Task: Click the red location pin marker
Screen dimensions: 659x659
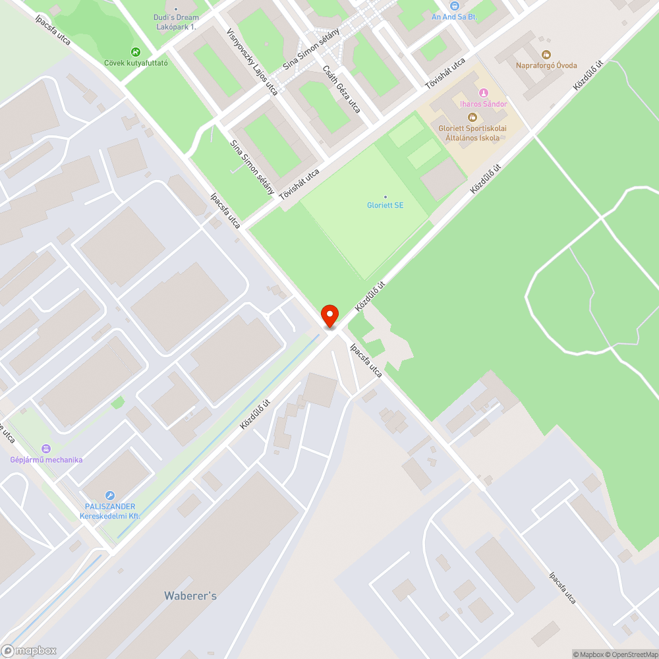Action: point(329,316)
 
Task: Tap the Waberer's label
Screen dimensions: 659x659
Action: point(190,596)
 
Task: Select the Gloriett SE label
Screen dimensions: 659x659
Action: point(386,206)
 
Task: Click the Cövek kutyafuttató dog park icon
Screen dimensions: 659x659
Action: point(135,52)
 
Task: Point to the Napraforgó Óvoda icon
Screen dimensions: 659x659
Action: point(546,55)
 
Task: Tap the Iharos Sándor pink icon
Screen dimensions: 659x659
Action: point(484,93)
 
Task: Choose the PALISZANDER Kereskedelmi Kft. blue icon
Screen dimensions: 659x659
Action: point(109,495)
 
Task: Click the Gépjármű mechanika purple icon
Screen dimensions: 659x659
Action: point(45,448)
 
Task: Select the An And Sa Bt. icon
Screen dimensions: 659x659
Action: point(454,6)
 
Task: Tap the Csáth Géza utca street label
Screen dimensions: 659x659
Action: point(342,89)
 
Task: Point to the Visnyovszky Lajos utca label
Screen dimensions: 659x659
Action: point(252,61)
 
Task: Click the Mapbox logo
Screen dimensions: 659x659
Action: point(29,650)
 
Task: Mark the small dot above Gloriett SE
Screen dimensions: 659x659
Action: point(386,196)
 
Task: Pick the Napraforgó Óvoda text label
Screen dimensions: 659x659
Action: point(546,66)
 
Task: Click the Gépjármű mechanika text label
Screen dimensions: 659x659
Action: point(46,459)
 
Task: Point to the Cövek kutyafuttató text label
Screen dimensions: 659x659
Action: point(136,63)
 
